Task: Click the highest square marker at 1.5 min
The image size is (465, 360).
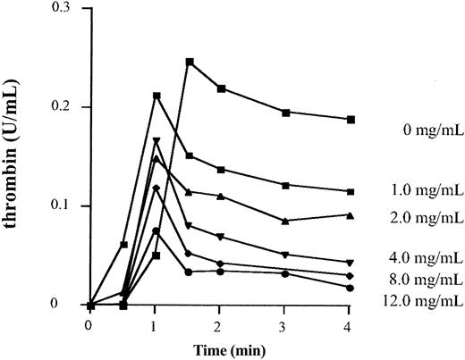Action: pyautogui.click(x=190, y=62)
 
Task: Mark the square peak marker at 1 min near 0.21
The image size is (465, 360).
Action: pyautogui.click(x=156, y=96)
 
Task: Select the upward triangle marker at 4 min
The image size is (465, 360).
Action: pyautogui.click(x=351, y=215)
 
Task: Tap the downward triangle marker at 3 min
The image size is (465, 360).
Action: pyautogui.click(x=285, y=255)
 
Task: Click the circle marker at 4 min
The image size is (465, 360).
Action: pyautogui.click(x=351, y=288)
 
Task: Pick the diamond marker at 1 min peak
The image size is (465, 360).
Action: pyautogui.click(x=156, y=188)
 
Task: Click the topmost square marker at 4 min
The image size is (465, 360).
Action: pyautogui.click(x=351, y=119)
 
